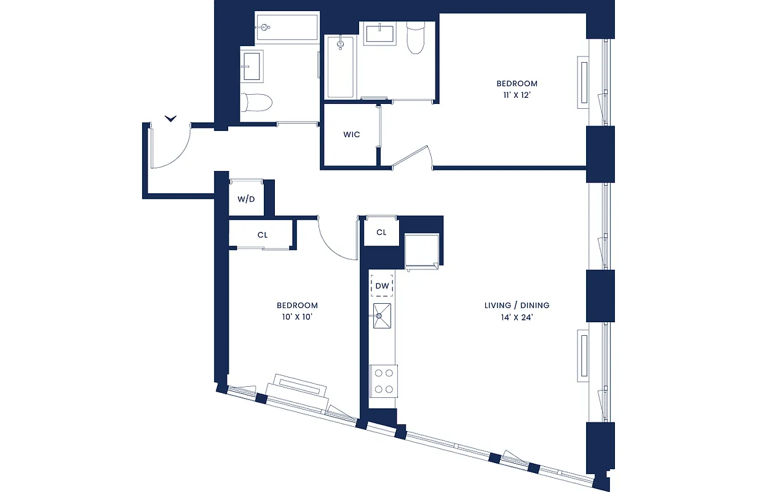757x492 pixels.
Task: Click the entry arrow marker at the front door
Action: [x=171, y=118]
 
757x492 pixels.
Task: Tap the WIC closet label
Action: [x=351, y=135]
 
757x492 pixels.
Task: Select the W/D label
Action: [x=246, y=199]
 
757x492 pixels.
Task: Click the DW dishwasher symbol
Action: [x=382, y=286]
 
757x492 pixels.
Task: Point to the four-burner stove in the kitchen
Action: [x=383, y=379]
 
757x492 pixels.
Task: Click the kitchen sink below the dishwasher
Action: [x=380, y=315]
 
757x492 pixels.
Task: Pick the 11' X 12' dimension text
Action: [x=517, y=96]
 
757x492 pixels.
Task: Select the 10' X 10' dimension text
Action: [x=297, y=317]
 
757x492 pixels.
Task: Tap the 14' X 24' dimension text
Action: [x=516, y=317]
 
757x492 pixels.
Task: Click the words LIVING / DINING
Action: [x=517, y=305]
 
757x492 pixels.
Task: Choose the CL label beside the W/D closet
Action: [x=263, y=235]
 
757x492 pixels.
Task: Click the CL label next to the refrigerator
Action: [x=381, y=232]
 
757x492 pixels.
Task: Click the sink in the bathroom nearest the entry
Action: [x=252, y=66]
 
